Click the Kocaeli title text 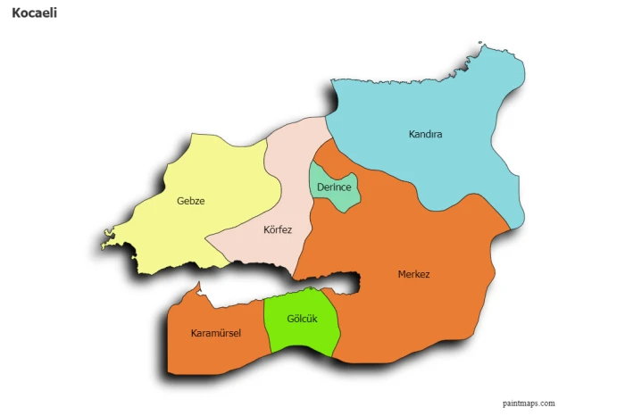35,13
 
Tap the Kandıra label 425,135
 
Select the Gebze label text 191,201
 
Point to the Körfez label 278,229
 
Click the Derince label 333,187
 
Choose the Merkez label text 413,274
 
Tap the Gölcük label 302,319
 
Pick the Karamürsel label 216,334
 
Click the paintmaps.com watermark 529,404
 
